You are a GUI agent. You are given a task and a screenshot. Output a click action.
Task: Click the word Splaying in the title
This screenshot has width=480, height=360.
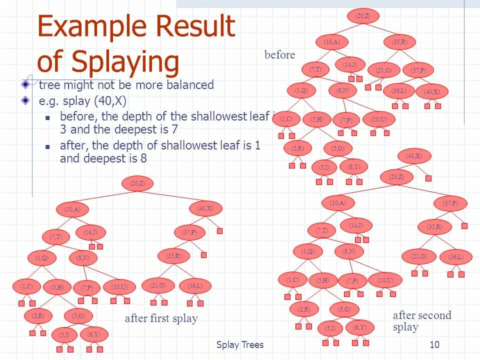pyautogui.click(x=125, y=62)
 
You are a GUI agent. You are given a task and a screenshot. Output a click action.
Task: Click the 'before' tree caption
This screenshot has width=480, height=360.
pyautogui.click(x=280, y=55)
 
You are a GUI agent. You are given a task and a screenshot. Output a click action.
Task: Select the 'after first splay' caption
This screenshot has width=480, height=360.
pyautogui.click(x=161, y=318)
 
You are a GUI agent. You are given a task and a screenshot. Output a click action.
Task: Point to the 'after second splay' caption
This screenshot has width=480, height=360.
pyautogui.click(x=421, y=320)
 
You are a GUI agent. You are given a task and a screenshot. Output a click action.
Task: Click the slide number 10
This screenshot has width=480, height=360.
pyautogui.click(x=434, y=344)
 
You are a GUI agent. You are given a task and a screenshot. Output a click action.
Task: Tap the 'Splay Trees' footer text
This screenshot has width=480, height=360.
pyautogui.click(x=239, y=344)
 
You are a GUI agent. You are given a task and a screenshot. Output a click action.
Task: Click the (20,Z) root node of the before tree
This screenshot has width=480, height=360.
pyautogui.click(x=363, y=16)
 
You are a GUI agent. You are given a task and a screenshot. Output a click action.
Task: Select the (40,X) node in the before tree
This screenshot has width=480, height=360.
pyautogui.click(x=431, y=91)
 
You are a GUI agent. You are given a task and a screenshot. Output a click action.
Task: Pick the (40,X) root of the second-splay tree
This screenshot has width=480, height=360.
pyautogui.click(x=413, y=156)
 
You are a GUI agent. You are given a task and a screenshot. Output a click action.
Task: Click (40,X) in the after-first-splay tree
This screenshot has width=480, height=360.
pyautogui.click(x=205, y=208)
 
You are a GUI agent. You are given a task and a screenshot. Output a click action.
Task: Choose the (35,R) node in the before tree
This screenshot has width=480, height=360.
pyautogui.click(x=399, y=42)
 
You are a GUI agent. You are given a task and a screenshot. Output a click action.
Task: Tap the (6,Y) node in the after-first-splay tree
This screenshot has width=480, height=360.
pyautogui.click(x=94, y=334)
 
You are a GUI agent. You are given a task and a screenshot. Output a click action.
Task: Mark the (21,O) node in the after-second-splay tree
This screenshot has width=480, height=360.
pyautogui.click(x=419, y=256)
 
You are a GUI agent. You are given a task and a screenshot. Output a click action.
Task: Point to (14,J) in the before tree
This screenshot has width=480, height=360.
pyautogui.click(x=350, y=65)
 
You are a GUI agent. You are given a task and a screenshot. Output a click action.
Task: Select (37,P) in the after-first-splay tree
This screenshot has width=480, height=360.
pyautogui.click(x=189, y=232)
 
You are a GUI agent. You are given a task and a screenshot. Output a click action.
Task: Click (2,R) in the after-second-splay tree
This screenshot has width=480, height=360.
pyautogui.click(x=304, y=309)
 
